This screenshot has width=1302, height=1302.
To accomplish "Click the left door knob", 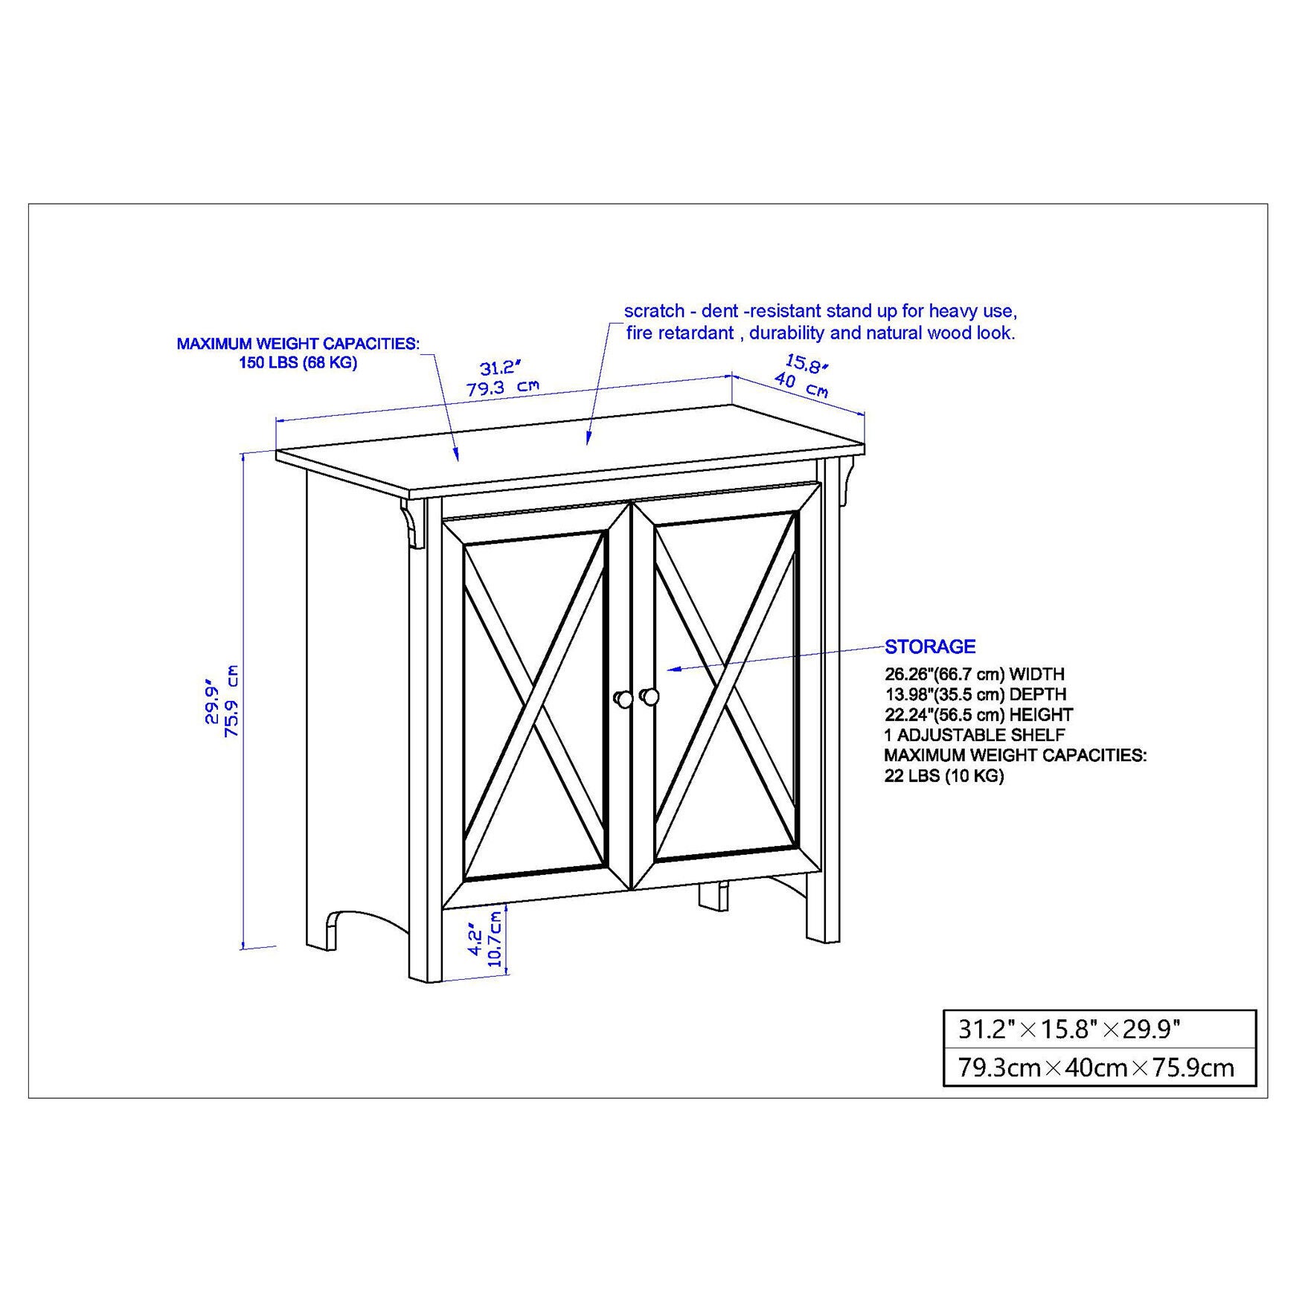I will coord(623,699).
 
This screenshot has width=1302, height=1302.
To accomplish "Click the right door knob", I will coord(650,696).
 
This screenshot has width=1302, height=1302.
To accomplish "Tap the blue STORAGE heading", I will coord(929,647).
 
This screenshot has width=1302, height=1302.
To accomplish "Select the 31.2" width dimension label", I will coord(500,368).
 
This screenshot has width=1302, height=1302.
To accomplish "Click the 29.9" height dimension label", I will coord(212,700).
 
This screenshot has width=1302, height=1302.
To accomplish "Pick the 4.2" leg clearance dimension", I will coord(475,942).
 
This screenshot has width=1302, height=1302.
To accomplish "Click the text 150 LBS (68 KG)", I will coord(298,363).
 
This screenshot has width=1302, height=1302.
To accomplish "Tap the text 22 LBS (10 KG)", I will coord(943,776).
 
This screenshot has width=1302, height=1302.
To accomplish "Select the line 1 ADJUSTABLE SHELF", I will coord(975,735).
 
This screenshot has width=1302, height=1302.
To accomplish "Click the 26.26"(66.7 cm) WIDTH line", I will coord(974,674).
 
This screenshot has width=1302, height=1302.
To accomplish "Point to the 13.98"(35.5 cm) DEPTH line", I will coord(975,694).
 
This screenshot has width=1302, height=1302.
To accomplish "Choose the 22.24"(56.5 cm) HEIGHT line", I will coord(978,715).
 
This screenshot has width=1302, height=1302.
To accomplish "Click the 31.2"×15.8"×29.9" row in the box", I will coord(1068,1030).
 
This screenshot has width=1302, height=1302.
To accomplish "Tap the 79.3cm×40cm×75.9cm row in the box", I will coord(1095,1068).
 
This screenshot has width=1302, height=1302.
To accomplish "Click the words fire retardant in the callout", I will coord(679,333).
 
